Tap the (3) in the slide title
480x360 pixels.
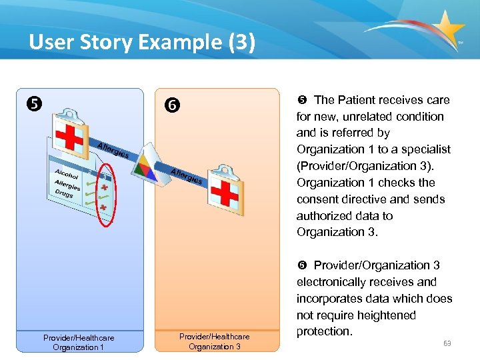(x=240, y=43)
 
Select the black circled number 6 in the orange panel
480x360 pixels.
(x=172, y=105)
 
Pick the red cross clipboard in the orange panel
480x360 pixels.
(x=228, y=192)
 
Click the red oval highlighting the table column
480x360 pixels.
(x=104, y=191)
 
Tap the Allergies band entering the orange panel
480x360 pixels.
(x=187, y=177)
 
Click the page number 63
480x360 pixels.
(x=447, y=343)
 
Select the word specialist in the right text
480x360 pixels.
(x=425, y=149)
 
